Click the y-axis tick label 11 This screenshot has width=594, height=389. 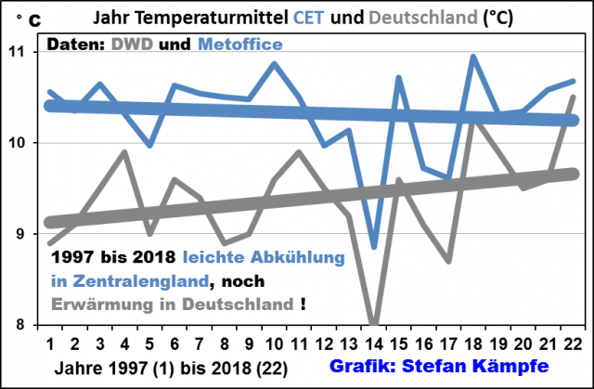(21, 52)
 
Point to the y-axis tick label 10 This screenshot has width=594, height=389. (21, 143)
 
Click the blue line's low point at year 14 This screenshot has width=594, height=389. (374, 247)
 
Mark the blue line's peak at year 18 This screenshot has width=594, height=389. (473, 57)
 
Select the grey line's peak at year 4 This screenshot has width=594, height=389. (124, 152)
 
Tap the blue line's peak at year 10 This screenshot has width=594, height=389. (275, 64)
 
